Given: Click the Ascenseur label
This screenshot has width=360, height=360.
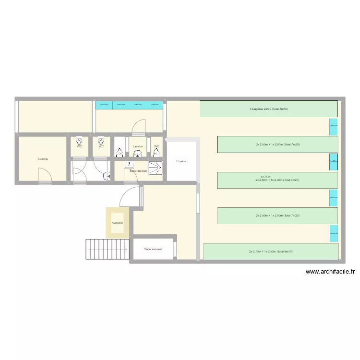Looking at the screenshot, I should coord(117,223).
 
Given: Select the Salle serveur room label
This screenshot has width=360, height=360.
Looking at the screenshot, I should coord(153,249).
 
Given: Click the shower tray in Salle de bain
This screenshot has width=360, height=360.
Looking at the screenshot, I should coord(155,168).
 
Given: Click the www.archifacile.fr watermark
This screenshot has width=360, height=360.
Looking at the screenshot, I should coord(330,272).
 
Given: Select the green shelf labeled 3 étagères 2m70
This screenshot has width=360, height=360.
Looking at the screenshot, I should coord(268,109).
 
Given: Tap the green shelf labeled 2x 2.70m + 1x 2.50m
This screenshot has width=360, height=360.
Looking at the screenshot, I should coord(271,252).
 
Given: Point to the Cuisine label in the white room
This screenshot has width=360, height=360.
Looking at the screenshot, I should coord(181,161).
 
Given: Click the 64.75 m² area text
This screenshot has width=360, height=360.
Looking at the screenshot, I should coord(266,177).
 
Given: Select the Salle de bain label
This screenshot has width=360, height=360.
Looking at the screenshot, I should coord(138,171).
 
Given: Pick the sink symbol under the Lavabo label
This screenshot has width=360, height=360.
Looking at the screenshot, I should coord(138,154).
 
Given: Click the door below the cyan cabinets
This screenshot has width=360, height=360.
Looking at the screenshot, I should coord(138,126).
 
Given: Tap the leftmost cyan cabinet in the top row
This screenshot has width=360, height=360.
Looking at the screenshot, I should coord(104,104).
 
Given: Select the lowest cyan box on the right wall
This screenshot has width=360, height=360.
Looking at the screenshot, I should coord(333,233).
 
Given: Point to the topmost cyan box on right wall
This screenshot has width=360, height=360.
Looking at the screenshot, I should coord(333,126).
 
